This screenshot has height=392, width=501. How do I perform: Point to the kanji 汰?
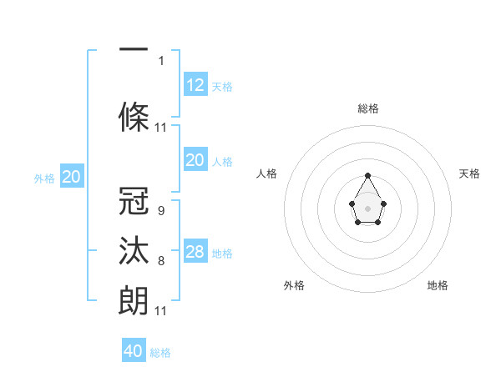pos(134,250)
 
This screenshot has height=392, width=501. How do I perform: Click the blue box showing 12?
pos(195,85)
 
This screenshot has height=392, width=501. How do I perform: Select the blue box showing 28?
pos(195,252)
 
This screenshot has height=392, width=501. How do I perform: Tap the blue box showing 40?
pos(134,351)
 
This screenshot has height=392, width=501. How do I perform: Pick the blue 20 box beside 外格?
pos(72,177)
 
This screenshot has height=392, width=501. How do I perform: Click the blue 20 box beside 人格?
pos(195,160)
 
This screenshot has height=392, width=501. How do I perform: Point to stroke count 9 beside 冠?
pos(160,212)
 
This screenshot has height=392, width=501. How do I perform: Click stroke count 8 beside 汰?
pos(160,261)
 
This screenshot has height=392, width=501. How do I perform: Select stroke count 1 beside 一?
pos(160,60)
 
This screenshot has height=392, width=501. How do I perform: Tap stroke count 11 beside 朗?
pos(160,310)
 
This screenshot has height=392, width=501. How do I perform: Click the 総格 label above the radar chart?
pos(367,108)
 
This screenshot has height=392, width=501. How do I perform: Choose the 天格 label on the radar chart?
pos(469,173)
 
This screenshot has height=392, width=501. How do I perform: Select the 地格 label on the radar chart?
pos(438,285)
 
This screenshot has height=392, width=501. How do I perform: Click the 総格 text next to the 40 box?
pos(160,353)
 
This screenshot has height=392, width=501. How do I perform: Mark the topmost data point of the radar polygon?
pos(367,175)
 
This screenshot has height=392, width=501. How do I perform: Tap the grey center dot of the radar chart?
pos(367,208)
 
